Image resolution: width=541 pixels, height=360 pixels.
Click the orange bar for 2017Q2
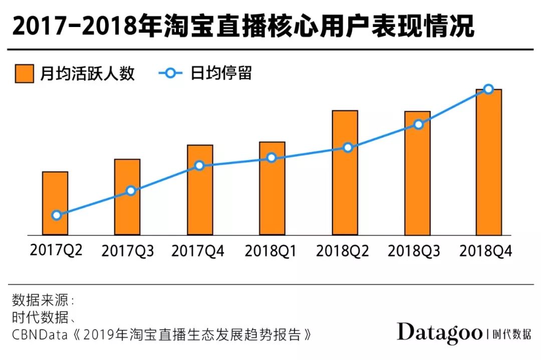(x=55, y=203)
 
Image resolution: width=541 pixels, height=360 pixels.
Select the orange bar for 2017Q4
(x=199, y=190)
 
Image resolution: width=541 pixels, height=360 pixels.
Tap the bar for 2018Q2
(x=345, y=172)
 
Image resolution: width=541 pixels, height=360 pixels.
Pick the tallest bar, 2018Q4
(x=488, y=162)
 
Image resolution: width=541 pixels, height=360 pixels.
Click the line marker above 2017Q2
(x=57, y=215)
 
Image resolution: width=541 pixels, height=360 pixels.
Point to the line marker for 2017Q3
(x=131, y=191)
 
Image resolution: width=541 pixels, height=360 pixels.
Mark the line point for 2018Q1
(x=271, y=158)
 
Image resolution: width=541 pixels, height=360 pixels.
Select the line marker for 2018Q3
(x=418, y=124)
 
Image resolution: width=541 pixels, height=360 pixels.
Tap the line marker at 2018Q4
(x=489, y=89)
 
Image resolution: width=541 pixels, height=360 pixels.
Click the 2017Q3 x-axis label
(x=128, y=251)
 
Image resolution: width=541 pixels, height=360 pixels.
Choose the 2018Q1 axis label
(x=270, y=251)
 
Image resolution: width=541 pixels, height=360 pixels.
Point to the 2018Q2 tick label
(x=343, y=251)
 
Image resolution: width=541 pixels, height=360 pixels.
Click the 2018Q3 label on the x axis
(x=414, y=251)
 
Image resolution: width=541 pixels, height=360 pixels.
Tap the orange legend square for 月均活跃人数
(x=24, y=74)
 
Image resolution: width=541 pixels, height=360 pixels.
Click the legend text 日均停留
(x=221, y=74)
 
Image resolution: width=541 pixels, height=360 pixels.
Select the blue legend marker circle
(x=170, y=74)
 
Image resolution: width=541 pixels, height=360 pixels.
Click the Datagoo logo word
(x=439, y=333)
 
